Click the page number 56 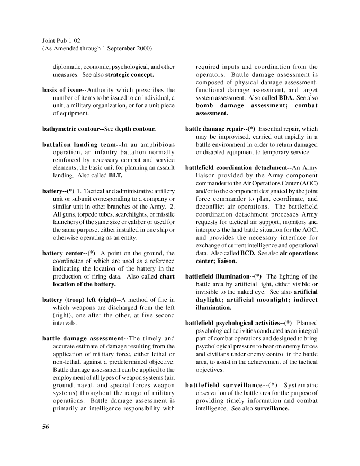tap(46, 428)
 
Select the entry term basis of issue tap(63, 90)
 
